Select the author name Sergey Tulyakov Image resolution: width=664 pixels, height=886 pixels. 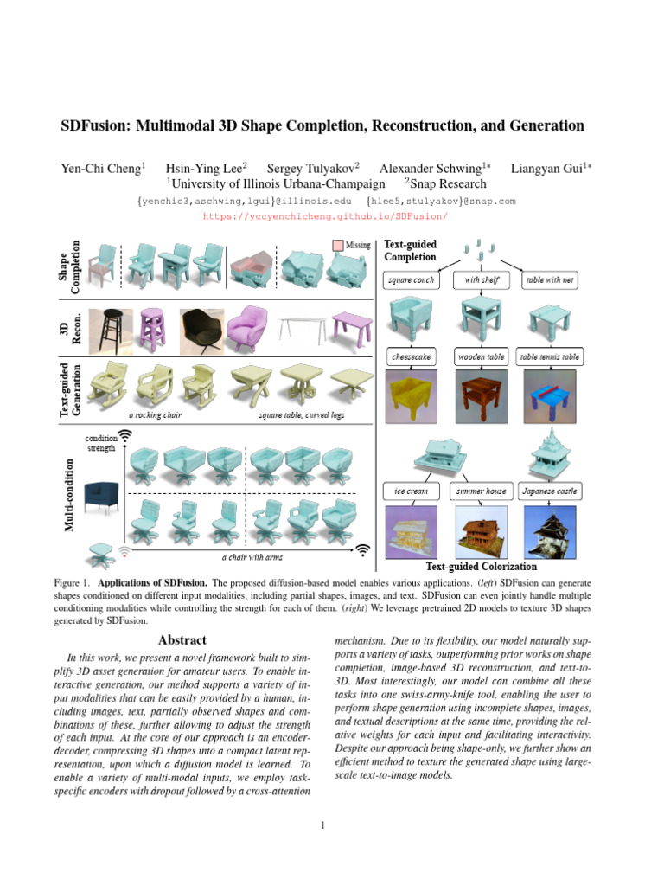pyautogui.click(x=313, y=168)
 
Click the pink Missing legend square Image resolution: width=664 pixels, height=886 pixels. pyautogui.click(x=338, y=245)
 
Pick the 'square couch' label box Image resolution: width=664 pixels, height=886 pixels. pyautogui.click(x=411, y=280)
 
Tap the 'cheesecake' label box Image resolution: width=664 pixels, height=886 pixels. pyautogui.click(x=411, y=356)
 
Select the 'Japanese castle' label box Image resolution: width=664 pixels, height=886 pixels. pyautogui.click(x=550, y=491)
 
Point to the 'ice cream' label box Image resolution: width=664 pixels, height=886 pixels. pyautogui.click(x=411, y=491)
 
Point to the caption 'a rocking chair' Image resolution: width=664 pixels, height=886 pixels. pyautogui.click(x=156, y=414)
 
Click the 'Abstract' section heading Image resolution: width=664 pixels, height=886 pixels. pyautogui.click(x=182, y=640)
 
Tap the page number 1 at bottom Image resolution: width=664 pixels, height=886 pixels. pyautogui.click(x=322, y=825)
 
